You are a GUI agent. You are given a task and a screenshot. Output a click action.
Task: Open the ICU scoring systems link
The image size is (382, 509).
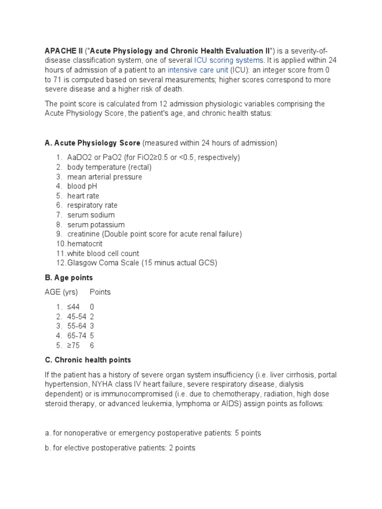coord(228,61)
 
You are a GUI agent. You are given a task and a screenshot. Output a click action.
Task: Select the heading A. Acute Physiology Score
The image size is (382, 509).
coord(93,143)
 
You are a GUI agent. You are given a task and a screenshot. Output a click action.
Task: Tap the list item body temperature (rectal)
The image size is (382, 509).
coord(109,167)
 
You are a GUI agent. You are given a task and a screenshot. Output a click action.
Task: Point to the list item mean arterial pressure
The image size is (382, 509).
coord(104,177)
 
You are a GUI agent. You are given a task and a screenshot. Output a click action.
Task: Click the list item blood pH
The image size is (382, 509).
coord(82,186)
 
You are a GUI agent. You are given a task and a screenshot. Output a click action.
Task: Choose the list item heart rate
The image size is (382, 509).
coord(83,196)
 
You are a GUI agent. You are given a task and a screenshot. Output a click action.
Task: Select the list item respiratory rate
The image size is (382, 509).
coord(93,205)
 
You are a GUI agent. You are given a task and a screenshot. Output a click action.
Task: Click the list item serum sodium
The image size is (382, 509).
coord(91,215)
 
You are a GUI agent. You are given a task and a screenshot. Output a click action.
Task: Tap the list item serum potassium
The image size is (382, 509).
coord(96,225)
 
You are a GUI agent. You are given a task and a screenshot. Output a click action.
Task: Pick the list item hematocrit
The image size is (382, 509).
coord(85,244)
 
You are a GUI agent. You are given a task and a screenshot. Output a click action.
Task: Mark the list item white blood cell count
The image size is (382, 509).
coord(103,254)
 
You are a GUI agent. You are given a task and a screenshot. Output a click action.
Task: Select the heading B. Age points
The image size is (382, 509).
coord(69,278)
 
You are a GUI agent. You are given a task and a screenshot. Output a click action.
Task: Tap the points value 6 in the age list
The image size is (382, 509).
coord(92,345)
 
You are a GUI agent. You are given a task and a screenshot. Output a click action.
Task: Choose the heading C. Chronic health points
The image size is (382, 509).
coord(88,360)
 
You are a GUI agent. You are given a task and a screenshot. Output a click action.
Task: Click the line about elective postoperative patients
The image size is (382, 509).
coord(120,448)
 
